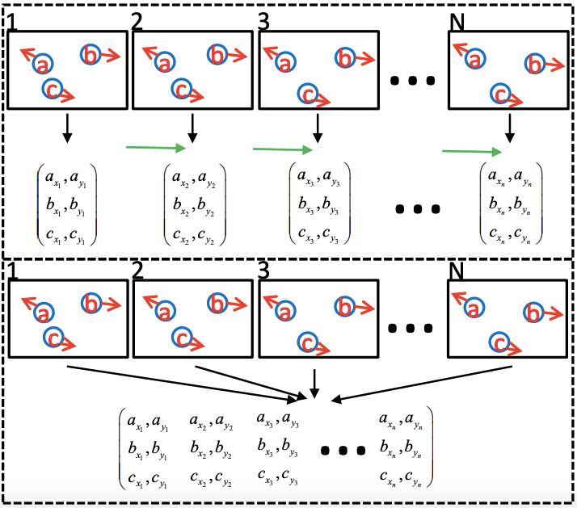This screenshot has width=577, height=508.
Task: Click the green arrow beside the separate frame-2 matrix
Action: [x=156, y=148]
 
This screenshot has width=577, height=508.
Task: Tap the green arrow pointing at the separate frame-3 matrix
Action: [x=282, y=149]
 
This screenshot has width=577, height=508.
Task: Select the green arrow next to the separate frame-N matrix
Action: [x=472, y=150]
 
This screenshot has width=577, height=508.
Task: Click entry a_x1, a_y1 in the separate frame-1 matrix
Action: [x=67, y=174]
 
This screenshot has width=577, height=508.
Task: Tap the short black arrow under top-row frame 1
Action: [x=67, y=124]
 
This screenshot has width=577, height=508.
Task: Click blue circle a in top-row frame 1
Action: [x=43, y=64]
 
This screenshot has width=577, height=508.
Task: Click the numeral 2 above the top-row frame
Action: [x=137, y=22]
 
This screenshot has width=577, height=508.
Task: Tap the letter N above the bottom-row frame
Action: [x=457, y=271]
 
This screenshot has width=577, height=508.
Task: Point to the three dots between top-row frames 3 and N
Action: [x=413, y=81]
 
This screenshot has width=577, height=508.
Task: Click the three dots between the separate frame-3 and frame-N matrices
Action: [x=419, y=209]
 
